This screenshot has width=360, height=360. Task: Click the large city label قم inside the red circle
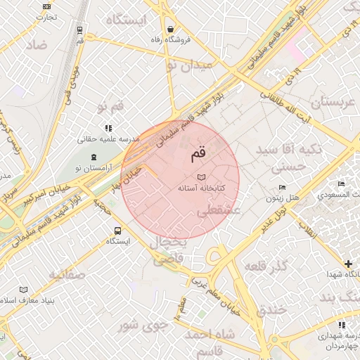pyautogui.click(x=199, y=151)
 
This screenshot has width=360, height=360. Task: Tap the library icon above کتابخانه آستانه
pyautogui.click(x=202, y=176)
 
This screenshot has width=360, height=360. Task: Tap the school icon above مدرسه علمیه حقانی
pyautogui.click(x=108, y=128)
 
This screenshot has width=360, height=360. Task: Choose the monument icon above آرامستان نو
pyautogui.click(x=94, y=155)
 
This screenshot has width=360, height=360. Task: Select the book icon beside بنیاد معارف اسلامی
pyautogui.click(x=24, y=290)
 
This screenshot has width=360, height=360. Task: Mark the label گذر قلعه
pyautogui.click(x=266, y=266)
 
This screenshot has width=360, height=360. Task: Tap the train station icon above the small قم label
pyautogui.click(x=80, y=30)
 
